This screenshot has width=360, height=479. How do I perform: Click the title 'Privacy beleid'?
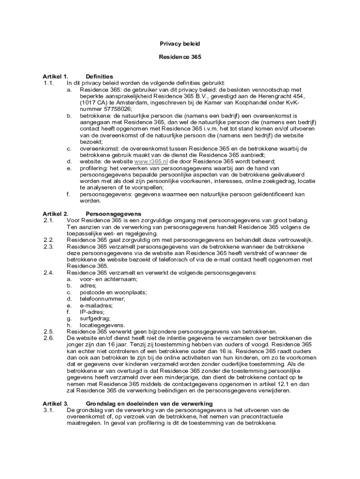click(180, 44)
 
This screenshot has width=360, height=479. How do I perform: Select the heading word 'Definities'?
click(99, 76)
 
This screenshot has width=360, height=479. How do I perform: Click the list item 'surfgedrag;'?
click(95, 318)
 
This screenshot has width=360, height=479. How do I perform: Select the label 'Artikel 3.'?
click(56, 403)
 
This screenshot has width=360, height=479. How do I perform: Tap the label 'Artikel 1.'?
click(56, 76)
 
